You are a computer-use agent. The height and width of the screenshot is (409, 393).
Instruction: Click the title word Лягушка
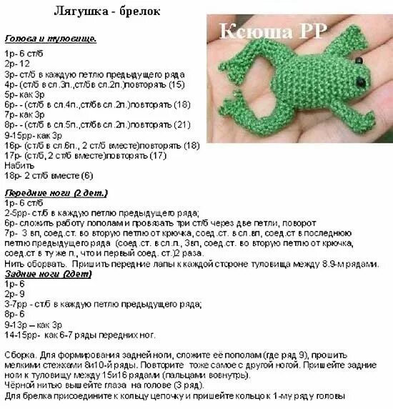(78, 12)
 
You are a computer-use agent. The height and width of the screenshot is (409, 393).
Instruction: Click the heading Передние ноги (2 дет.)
(56, 193)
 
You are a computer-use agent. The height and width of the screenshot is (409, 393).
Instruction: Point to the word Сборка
(21, 355)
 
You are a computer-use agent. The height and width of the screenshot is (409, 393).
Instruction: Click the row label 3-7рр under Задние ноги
(17, 303)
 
